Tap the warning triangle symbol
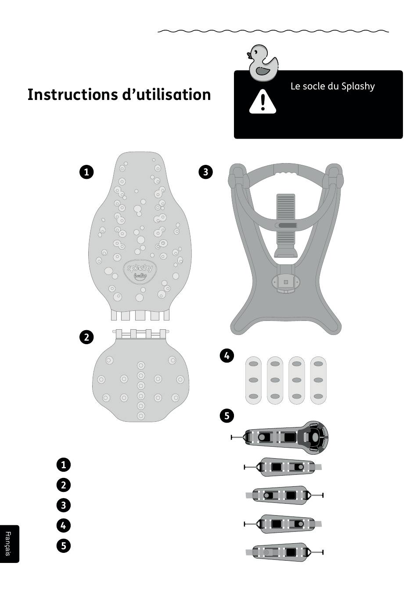(x=262, y=102)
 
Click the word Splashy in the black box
(x=358, y=86)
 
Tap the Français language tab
(x=8, y=544)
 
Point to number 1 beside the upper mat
(x=86, y=171)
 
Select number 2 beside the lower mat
(x=86, y=337)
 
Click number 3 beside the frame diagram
(x=205, y=171)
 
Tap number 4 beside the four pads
(x=226, y=356)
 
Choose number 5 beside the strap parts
(x=226, y=415)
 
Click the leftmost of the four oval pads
(x=253, y=380)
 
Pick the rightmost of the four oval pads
(x=318, y=380)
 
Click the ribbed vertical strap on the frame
(x=286, y=219)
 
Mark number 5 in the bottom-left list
(x=64, y=545)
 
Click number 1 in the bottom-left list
(x=64, y=464)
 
